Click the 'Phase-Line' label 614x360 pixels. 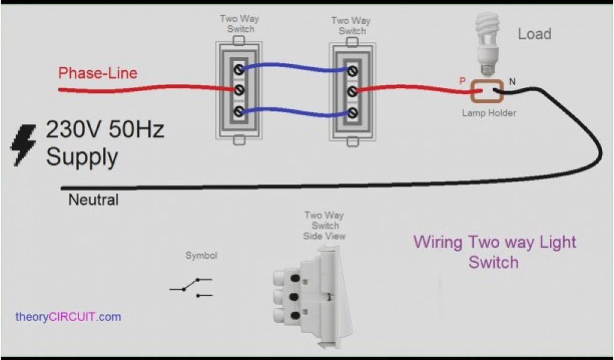98,73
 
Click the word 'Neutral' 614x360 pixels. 93,200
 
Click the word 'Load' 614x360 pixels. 534,34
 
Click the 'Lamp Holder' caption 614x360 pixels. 489,113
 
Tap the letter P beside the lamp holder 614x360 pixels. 462,80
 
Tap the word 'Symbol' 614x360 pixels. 201,256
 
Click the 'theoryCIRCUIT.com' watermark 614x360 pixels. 68,317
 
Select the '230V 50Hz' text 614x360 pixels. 105,130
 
